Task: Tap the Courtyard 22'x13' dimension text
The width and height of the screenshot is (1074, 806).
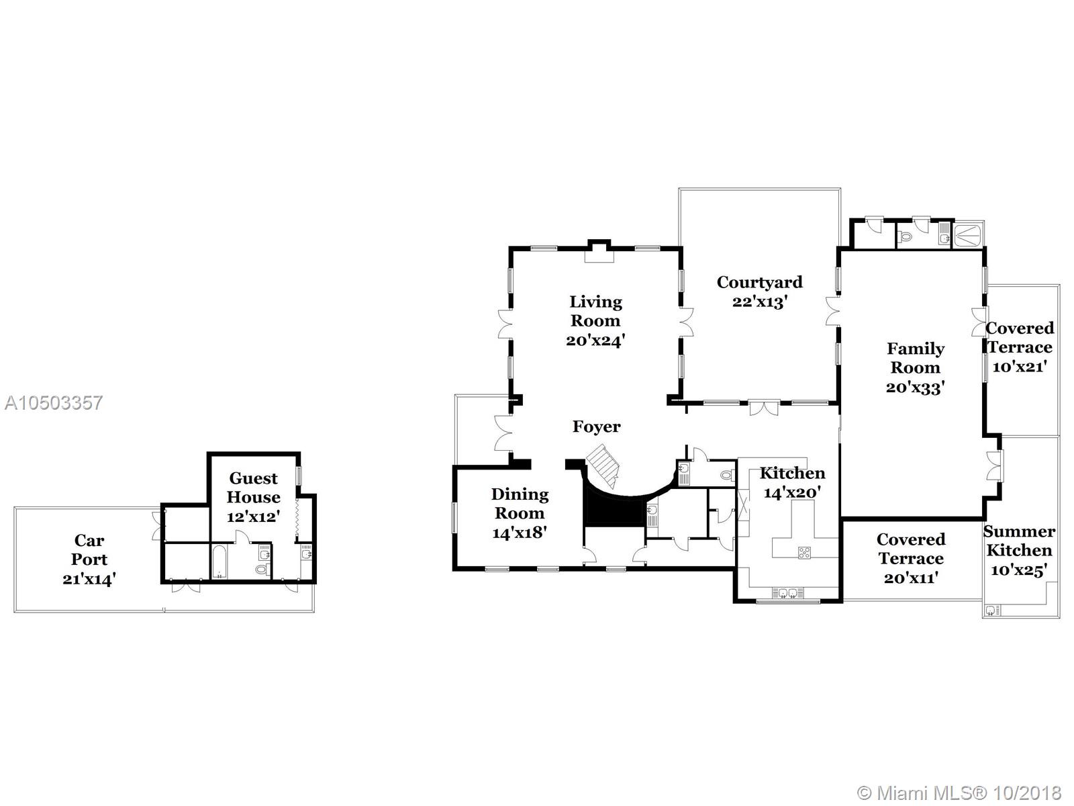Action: click(x=759, y=302)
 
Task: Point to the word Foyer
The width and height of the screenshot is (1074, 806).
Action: click(x=597, y=427)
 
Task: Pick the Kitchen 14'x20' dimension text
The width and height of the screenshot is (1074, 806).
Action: click(x=792, y=492)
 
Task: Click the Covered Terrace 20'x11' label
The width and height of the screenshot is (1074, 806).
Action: click(x=911, y=558)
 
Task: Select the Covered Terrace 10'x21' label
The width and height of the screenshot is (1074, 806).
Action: click(x=1019, y=347)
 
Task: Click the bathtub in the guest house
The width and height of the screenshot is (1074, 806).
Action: click(x=219, y=562)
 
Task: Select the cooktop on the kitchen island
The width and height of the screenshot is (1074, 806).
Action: click(x=804, y=553)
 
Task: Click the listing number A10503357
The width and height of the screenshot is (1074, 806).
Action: click(x=54, y=403)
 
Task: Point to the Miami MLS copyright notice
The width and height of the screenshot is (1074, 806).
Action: click(x=959, y=793)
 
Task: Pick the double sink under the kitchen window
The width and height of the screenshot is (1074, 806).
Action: click(x=788, y=593)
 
